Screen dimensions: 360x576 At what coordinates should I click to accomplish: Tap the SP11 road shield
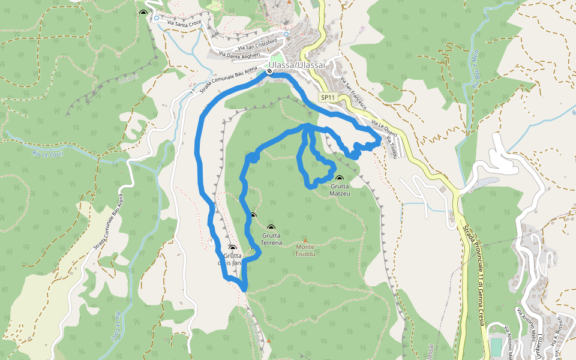coord(327,97)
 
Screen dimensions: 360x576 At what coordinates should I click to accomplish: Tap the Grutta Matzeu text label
coord(340,190)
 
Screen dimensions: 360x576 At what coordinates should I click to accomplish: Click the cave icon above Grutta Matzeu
coord(340,178)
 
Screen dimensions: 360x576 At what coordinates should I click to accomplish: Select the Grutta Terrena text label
coord(271,239)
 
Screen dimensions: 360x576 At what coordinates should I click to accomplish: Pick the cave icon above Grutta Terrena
coord(271,227)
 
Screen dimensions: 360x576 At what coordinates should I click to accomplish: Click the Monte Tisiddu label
coord(305,250)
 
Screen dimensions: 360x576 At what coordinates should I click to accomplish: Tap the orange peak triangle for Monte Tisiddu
coord(305,241)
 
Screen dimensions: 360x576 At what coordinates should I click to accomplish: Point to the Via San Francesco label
coord(351,89)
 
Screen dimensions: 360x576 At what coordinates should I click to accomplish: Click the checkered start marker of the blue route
coord(270,71)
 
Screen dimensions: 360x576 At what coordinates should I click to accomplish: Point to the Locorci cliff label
coord(129,78)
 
